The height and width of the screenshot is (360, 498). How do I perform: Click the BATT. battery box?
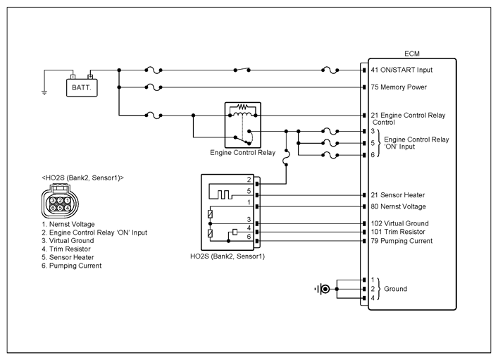82,88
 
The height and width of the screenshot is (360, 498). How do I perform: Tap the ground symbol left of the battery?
44,90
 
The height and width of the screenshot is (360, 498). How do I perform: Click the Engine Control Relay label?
242,152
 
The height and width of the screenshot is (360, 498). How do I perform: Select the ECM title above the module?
412,54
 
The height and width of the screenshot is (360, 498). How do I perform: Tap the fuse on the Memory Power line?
154,88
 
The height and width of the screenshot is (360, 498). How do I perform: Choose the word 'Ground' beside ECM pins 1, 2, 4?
395,289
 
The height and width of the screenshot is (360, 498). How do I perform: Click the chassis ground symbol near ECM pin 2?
323,289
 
